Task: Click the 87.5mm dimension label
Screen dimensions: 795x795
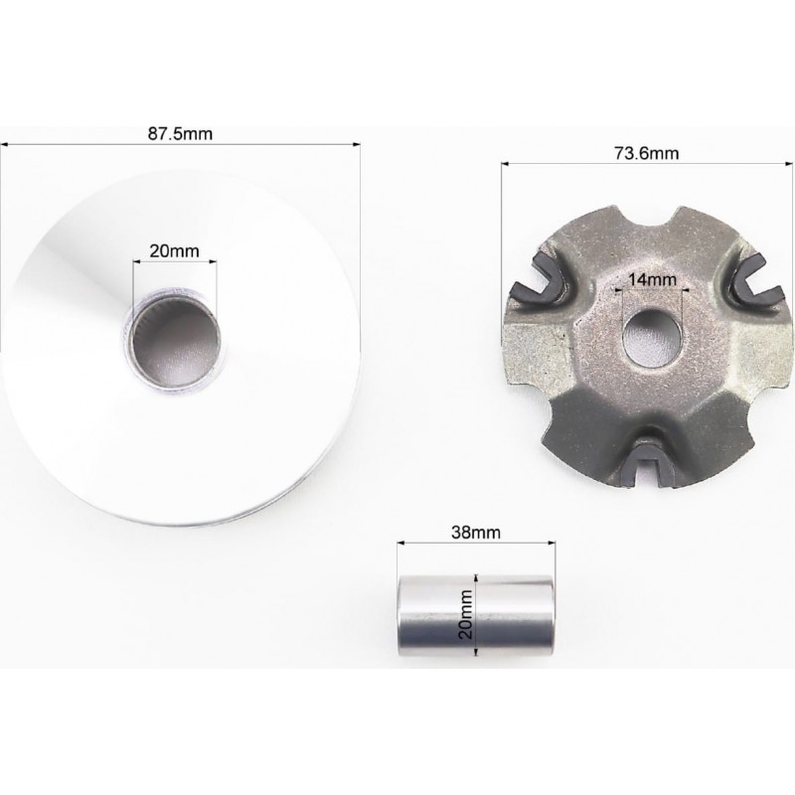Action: (x=180, y=134)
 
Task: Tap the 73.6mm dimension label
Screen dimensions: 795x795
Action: (x=647, y=153)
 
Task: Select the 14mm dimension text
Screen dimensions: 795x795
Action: (x=653, y=279)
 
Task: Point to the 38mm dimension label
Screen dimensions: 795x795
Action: (x=476, y=533)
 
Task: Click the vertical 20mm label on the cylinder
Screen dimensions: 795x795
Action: (x=465, y=614)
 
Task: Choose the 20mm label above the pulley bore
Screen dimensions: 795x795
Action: (x=174, y=250)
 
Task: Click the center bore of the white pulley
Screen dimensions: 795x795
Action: (x=174, y=343)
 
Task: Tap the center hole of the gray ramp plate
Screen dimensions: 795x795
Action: (x=652, y=338)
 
